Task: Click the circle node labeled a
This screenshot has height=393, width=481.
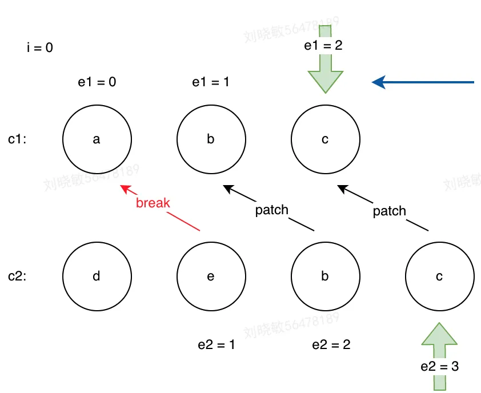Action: point(97,139)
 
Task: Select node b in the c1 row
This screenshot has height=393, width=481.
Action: point(211,139)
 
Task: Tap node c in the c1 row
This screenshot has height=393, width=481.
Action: point(325,139)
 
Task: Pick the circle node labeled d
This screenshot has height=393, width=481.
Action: point(97,276)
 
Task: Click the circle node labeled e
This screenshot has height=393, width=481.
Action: point(211,276)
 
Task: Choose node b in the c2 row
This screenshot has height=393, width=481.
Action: point(325,276)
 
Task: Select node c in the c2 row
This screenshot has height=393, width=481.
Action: point(439,276)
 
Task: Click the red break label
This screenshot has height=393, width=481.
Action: point(153,203)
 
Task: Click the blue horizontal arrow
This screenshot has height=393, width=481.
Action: point(423,83)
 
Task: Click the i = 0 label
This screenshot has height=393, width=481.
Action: point(40,48)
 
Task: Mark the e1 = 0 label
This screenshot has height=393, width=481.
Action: point(97,82)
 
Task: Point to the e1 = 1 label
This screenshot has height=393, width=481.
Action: point(211,82)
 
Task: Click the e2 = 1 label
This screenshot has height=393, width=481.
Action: point(217,345)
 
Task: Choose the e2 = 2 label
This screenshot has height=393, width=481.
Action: point(331,345)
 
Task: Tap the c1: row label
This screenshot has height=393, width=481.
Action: point(18,139)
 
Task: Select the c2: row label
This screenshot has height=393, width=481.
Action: point(18,276)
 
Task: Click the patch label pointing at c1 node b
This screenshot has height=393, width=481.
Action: point(271,210)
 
